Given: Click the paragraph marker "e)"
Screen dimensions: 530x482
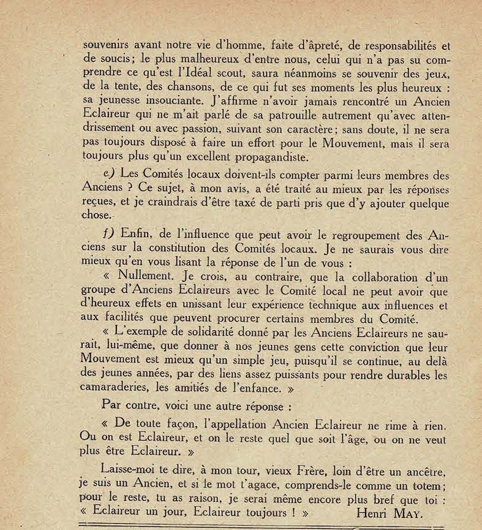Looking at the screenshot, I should [x=111, y=173].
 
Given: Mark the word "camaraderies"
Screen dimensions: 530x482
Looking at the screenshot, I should [x=114, y=388].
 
